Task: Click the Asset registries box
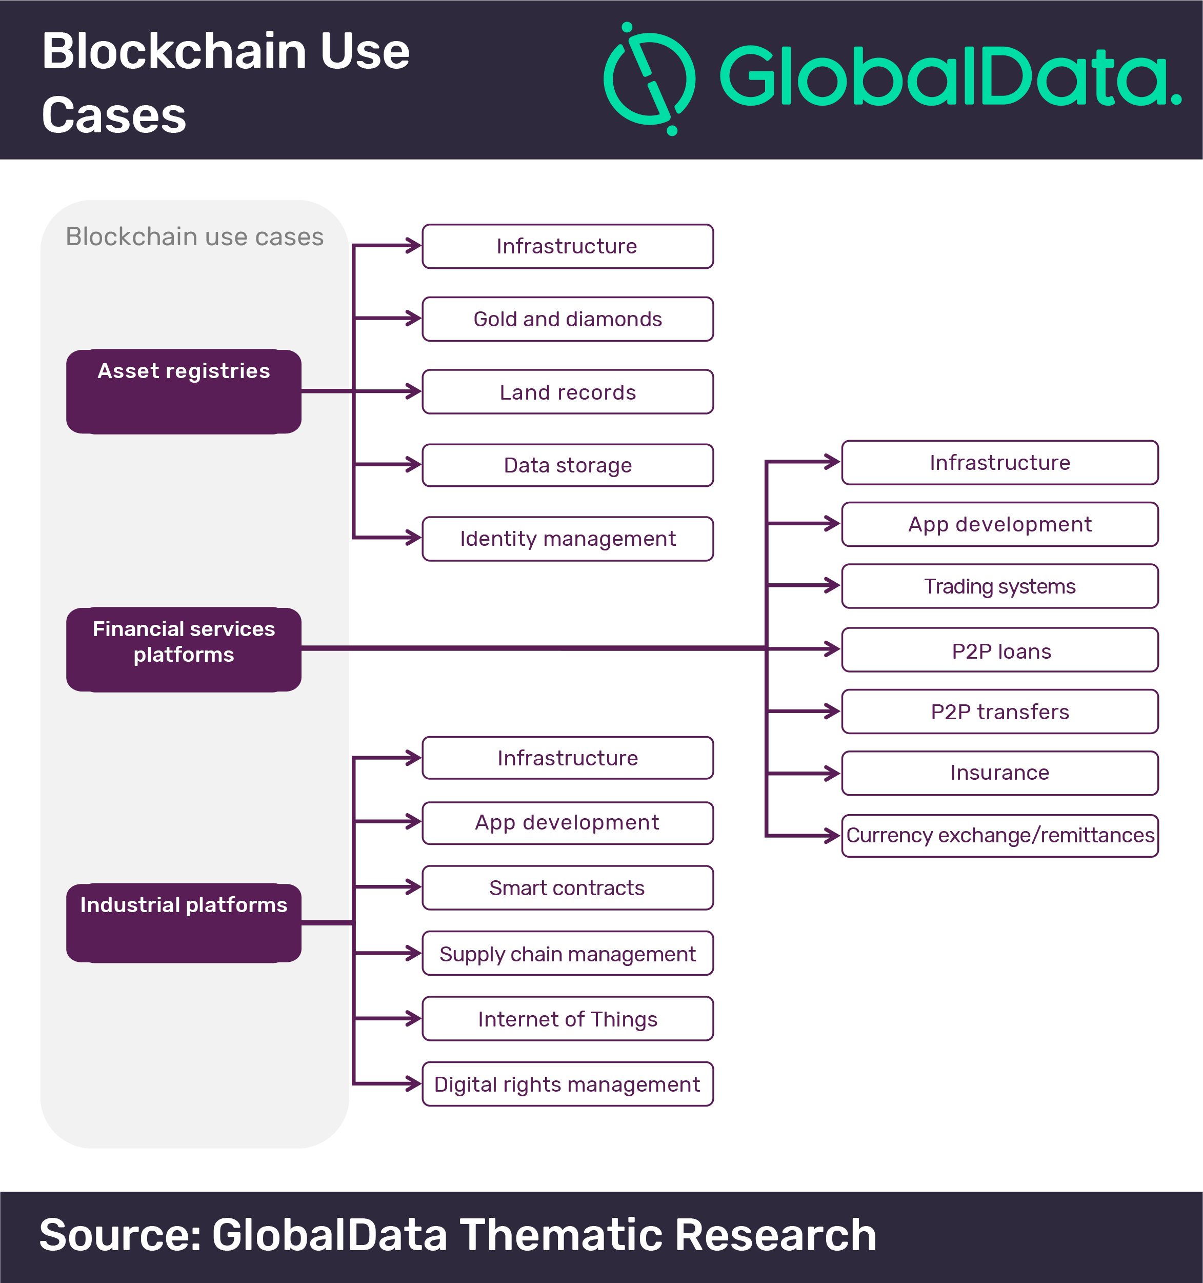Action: [184, 391]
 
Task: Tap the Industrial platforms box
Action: [184, 922]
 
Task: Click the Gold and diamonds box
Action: [568, 319]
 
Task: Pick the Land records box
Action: [568, 392]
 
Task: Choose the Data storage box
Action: [568, 465]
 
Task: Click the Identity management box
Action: [568, 538]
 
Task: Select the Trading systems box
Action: [1000, 586]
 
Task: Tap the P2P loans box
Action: [1000, 650]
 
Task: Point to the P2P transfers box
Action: [1000, 711]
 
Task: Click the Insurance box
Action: [1000, 773]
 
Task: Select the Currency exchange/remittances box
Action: [1000, 835]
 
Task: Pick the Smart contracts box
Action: [568, 887]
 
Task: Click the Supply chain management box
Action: [568, 953]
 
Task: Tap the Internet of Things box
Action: [568, 1018]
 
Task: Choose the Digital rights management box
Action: [568, 1083]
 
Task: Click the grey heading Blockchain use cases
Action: [195, 237]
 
